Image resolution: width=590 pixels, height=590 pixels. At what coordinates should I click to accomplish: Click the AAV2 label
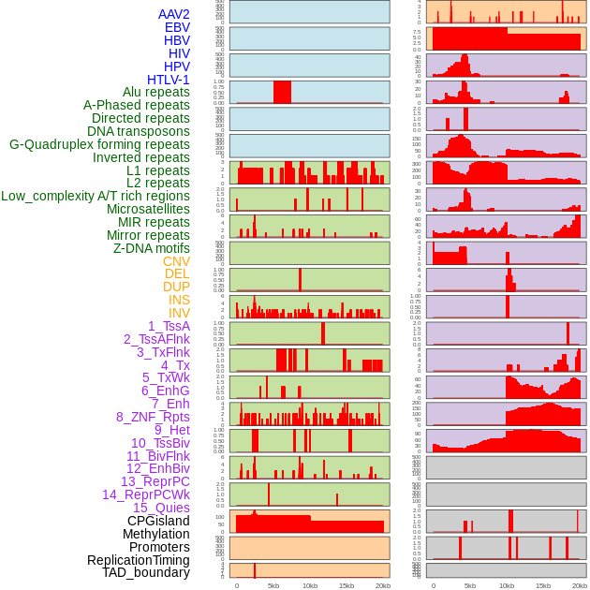pos(173,14)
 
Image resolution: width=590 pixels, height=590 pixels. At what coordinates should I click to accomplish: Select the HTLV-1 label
pos(168,80)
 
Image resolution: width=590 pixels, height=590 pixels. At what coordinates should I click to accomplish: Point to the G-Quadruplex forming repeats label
pos(99,144)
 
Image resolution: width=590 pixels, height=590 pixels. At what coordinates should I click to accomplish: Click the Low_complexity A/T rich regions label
pos(96,196)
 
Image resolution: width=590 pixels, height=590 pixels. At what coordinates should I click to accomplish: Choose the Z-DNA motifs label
pos(151,248)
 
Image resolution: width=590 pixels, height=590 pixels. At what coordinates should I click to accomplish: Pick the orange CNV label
pos(176,261)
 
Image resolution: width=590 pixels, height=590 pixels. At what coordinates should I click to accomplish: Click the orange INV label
pos(178,313)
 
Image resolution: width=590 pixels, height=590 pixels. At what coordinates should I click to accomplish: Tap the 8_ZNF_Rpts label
pos(153,417)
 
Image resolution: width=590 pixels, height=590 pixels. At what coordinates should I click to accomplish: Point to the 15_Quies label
pos(160,508)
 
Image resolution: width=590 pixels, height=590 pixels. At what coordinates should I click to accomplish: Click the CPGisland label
pos(158,521)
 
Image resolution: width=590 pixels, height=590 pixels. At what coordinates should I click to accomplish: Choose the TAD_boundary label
pos(145,572)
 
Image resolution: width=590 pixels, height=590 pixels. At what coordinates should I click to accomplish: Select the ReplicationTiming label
pos(138,560)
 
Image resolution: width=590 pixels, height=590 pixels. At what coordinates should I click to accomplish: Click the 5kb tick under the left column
pos(273,585)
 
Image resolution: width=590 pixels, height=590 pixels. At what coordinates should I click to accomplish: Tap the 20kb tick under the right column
pos(580,585)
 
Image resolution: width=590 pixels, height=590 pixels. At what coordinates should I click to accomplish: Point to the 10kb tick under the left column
pos(309,585)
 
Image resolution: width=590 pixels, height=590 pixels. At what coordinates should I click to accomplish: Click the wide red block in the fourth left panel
pos(282,92)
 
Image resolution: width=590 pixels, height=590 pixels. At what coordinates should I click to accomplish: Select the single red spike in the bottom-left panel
pos(255,570)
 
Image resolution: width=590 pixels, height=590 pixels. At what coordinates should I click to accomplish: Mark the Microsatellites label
pos(148,209)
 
